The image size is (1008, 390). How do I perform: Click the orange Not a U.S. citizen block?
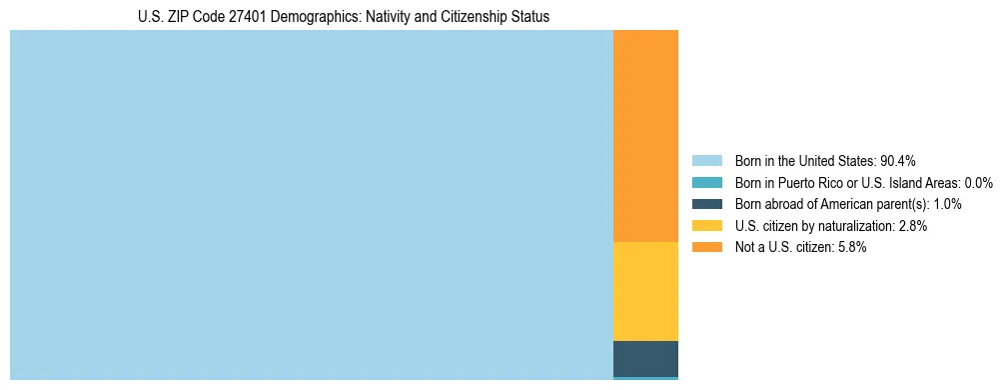[645, 136]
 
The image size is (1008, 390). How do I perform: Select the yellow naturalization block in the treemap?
[645, 291]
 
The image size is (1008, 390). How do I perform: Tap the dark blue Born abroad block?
[645, 358]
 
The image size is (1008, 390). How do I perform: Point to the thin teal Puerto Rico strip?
[645, 378]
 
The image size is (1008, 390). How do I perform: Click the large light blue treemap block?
[311, 205]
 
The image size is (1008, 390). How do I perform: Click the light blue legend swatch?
[706, 161]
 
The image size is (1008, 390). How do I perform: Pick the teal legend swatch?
[706, 183]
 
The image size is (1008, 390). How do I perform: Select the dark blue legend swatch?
[706, 204]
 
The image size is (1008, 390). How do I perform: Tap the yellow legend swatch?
[706, 226]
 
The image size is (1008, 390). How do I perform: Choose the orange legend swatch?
[706, 247]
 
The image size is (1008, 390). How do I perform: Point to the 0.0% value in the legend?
[979, 183]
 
